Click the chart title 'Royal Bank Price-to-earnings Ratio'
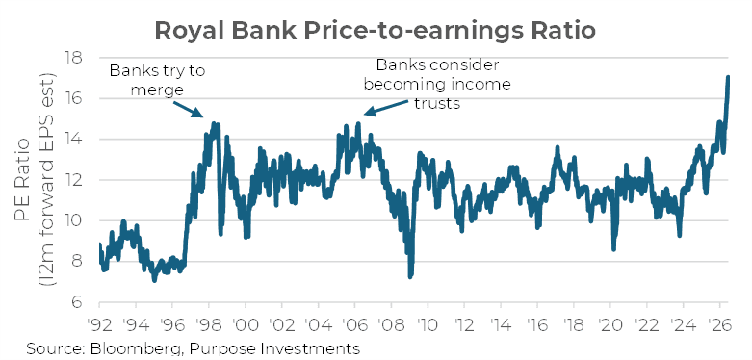click(x=376, y=31)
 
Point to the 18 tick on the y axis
click(x=76, y=58)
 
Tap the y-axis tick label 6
click(x=80, y=302)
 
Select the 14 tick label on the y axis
click(x=76, y=140)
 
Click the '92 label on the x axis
click(x=100, y=325)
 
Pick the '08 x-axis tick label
click(x=391, y=325)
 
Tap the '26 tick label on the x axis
click(x=720, y=325)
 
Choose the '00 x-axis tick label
click(x=246, y=325)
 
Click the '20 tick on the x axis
click(x=610, y=325)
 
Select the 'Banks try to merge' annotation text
click(x=157, y=80)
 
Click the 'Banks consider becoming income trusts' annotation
click(x=437, y=84)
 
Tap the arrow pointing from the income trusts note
click(x=386, y=108)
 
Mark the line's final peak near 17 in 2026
click(x=728, y=77)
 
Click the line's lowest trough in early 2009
click(x=410, y=276)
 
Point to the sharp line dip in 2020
click(x=613, y=248)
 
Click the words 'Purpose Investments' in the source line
click(x=272, y=349)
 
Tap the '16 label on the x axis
click(x=537, y=325)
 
